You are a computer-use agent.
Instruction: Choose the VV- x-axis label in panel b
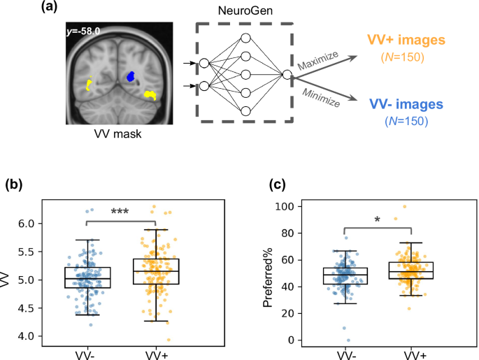point(86,353)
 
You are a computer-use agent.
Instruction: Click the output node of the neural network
point(287,74)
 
